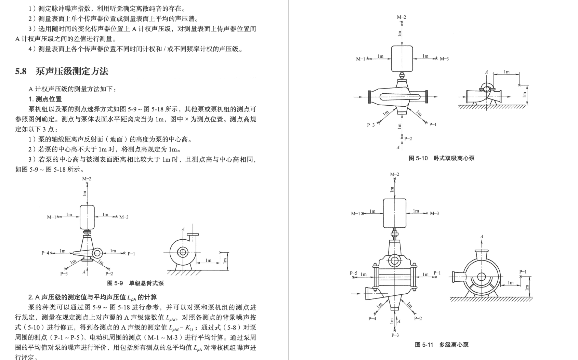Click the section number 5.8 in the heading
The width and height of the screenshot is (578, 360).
pos(21,71)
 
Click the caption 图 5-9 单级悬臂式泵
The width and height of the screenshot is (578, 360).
pos(135,283)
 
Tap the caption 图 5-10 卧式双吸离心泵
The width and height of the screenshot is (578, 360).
pos(442,158)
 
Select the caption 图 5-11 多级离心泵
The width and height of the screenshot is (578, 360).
pos(442,345)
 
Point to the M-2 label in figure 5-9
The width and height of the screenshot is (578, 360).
pos(87,178)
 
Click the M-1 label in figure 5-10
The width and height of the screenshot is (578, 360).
pos(360,59)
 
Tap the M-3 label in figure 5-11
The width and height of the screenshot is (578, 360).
pos(434,213)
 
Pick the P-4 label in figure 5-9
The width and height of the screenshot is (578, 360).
pos(45,253)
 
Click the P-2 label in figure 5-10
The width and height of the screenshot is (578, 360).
pos(408,138)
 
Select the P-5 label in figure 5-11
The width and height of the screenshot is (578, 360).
pos(354,273)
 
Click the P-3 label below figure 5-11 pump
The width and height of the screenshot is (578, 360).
pos(395,335)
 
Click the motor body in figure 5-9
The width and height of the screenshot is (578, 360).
pos(87,217)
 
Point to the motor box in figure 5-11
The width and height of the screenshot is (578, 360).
pos(395,213)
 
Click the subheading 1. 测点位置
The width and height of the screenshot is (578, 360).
pos(45,99)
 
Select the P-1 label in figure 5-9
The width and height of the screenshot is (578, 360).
pos(131,254)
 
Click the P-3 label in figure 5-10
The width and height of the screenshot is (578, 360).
pos(371,125)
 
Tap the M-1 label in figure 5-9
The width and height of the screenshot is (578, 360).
pos(51,217)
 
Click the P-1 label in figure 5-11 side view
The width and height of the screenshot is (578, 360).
pos(523,271)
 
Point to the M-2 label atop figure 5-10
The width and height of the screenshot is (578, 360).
pos(401,17)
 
